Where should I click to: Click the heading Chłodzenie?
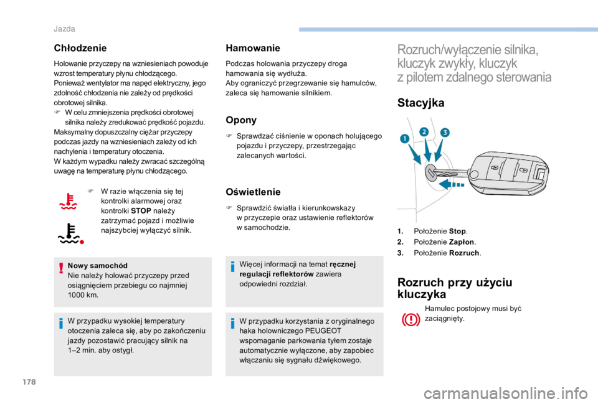(x=80, y=48)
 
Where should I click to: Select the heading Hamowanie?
(x=253, y=48)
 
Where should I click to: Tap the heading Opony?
(x=241, y=120)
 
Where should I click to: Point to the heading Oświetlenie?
(x=253, y=192)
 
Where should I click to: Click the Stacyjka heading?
(x=420, y=103)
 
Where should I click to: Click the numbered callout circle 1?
(x=405, y=139)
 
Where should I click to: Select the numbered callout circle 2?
(x=424, y=132)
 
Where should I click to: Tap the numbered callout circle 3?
(x=445, y=133)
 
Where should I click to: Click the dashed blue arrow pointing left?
(x=451, y=185)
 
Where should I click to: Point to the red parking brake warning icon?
(x=411, y=319)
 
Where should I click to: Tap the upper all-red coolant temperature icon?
(x=69, y=201)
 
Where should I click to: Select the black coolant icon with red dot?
(x=70, y=233)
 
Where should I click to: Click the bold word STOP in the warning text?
(x=141, y=211)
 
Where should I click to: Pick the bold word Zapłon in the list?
(x=462, y=242)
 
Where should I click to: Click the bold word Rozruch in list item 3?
(x=464, y=253)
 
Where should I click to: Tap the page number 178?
(x=29, y=382)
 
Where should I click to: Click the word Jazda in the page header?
(x=64, y=29)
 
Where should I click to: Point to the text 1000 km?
(x=83, y=295)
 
